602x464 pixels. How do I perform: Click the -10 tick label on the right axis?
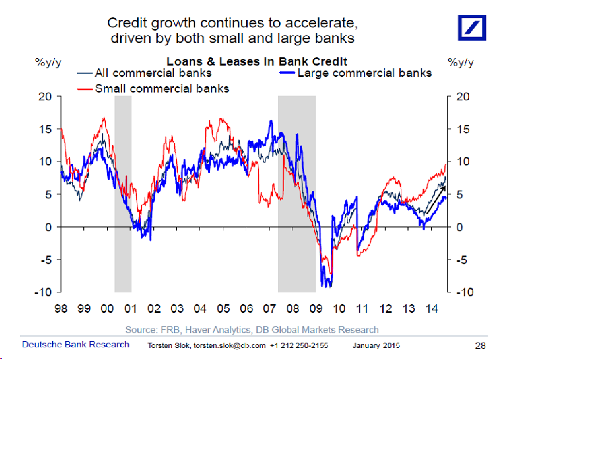click(465, 292)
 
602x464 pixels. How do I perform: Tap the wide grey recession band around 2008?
click(297, 248)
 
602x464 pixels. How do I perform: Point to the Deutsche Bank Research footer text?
click(76, 344)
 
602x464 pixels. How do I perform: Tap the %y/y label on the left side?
click(48, 63)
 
